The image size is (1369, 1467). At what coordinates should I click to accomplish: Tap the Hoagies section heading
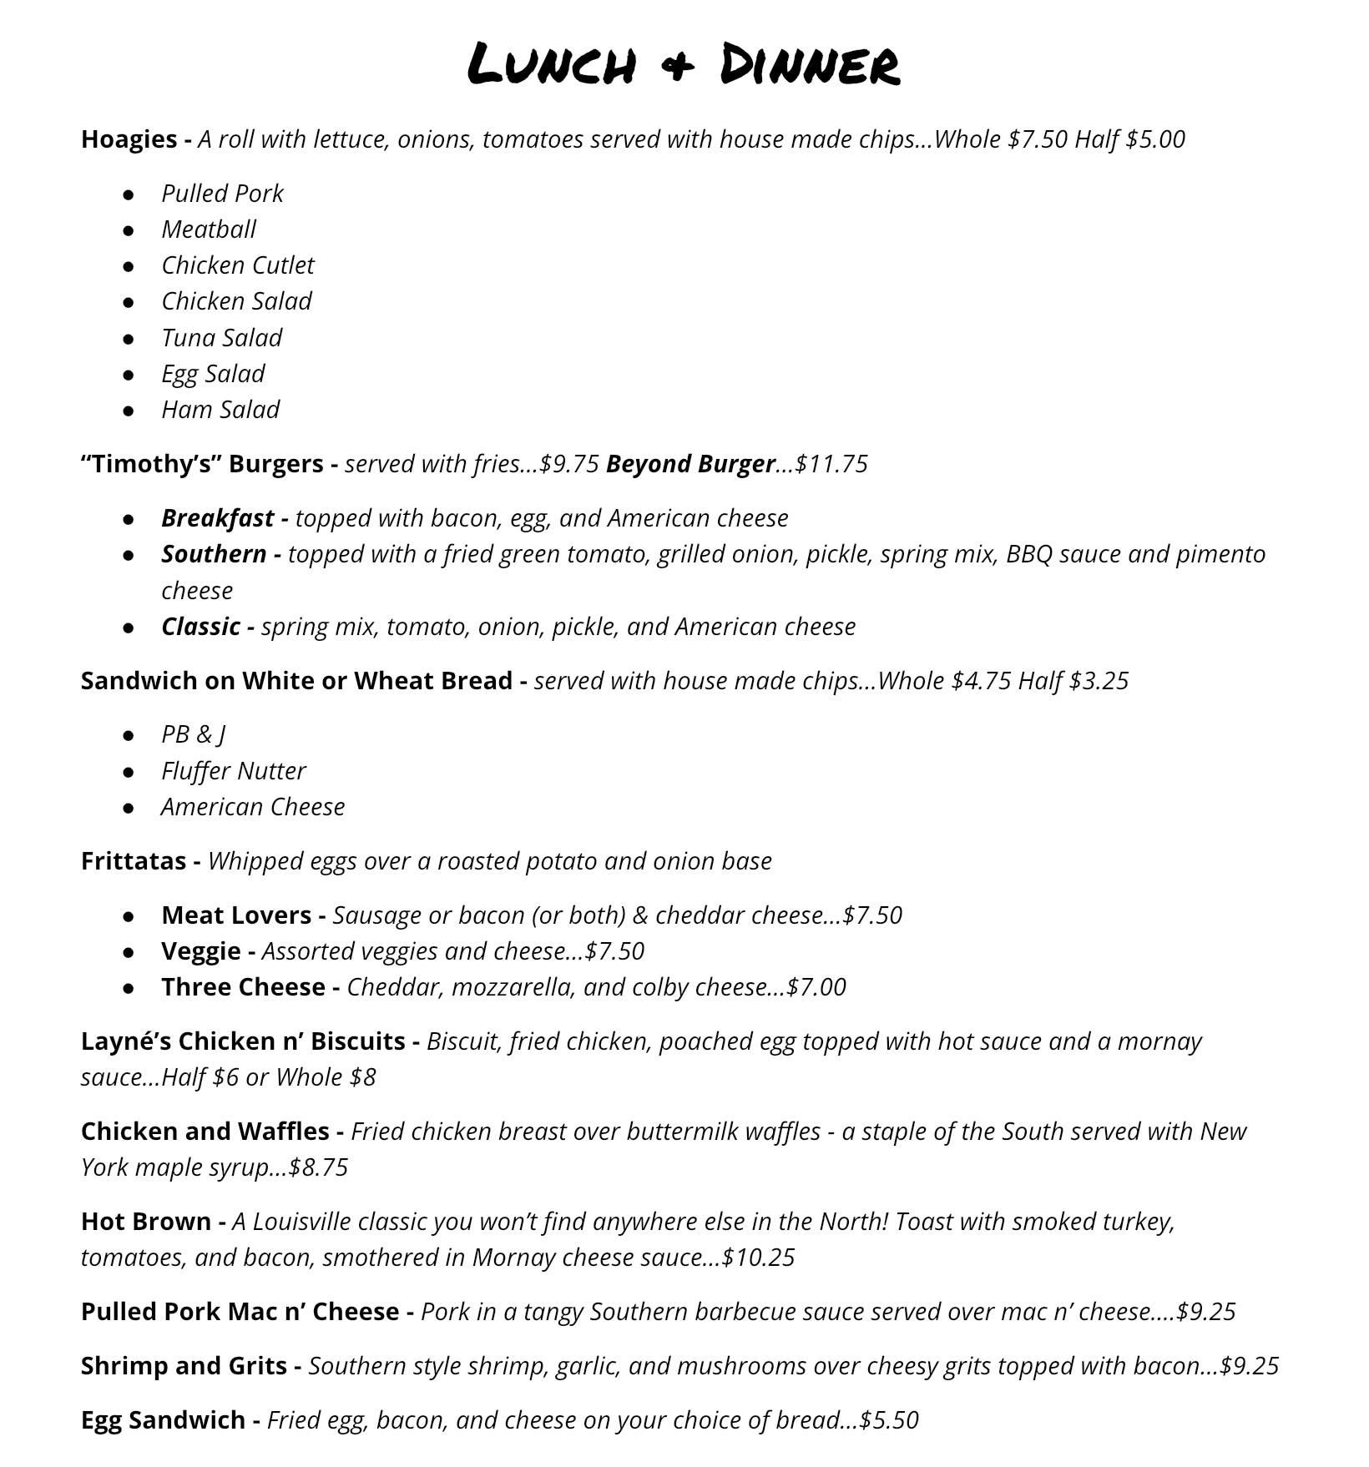pos(129,139)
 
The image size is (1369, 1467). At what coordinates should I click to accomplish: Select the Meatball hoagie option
pos(209,229)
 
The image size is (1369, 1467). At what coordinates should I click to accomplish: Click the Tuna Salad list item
pos(221,338)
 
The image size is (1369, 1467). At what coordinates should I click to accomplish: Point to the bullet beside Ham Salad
pos(129,411)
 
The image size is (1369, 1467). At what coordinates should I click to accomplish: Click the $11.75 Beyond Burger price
pos(831,464)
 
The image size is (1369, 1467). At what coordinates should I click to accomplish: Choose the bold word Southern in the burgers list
pos(214,554)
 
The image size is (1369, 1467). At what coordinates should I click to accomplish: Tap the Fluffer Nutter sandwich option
pos(233,771)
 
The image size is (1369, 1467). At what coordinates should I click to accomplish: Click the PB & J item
pos(193,734)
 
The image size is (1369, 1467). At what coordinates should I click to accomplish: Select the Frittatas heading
pos(133,861)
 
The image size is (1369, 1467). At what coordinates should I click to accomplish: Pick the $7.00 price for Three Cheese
pos(816,987)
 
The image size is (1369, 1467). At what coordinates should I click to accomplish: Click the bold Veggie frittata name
pos(200,951)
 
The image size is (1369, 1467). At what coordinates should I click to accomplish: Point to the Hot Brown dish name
pos(146,1222)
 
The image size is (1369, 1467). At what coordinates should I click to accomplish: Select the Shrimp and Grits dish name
pos(184,1366)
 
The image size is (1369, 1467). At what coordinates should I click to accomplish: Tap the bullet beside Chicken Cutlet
pos(129,266)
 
